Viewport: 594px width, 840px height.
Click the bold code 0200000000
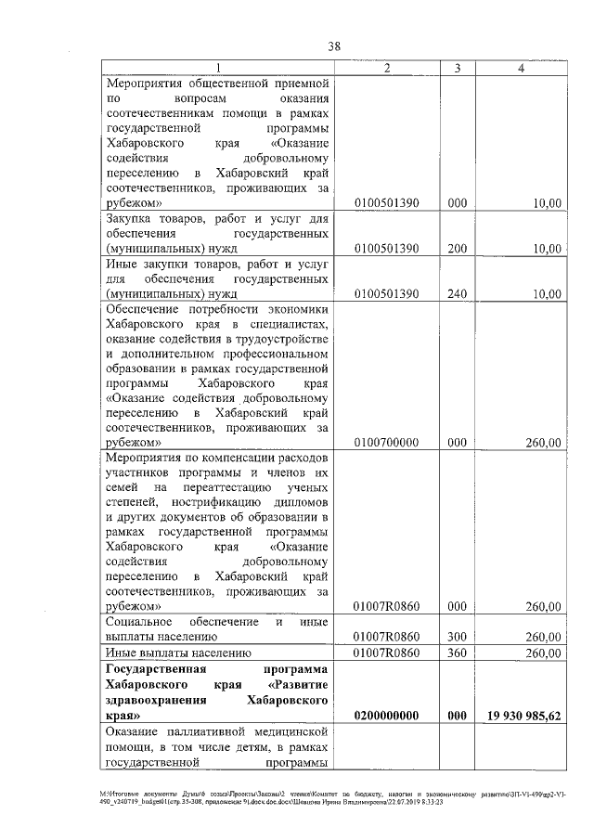[387, 716]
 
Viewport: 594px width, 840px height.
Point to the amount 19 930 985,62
[523, 716]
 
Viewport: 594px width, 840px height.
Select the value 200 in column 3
[456, 249]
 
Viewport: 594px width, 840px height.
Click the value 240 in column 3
[456, 293]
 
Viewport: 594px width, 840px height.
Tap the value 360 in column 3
[456, 653]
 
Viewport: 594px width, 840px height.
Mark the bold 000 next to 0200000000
[456, 716]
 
